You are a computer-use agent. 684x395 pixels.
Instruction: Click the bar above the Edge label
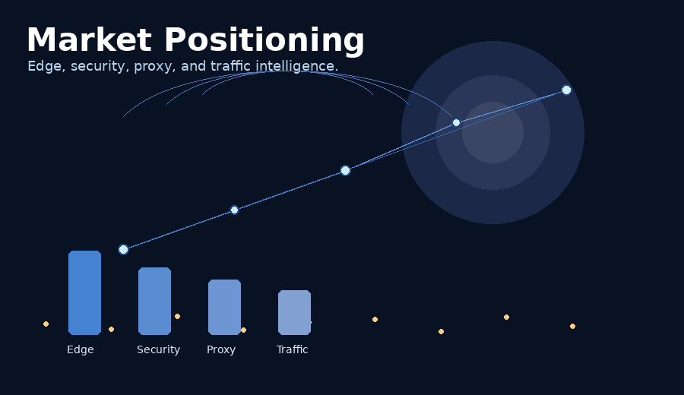84,292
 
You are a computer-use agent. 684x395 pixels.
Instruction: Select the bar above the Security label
154,301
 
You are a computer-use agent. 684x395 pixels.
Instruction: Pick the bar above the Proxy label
224,307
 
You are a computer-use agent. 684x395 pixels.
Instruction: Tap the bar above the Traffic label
294,312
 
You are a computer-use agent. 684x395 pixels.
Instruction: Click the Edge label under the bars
81,349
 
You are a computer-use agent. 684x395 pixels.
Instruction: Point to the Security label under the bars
158,349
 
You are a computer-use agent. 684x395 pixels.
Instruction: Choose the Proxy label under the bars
221,349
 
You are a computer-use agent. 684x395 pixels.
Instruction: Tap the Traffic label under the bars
292,349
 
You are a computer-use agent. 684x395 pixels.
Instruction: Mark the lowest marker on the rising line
123,249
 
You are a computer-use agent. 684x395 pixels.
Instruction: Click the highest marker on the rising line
566,90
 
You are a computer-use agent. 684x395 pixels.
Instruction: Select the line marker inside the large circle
456,122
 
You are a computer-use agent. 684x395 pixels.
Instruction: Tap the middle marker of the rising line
345,170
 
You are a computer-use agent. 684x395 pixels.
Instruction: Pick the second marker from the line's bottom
234,210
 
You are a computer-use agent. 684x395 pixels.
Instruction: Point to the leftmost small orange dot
46,324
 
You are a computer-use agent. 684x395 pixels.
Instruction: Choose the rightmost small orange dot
572,326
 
